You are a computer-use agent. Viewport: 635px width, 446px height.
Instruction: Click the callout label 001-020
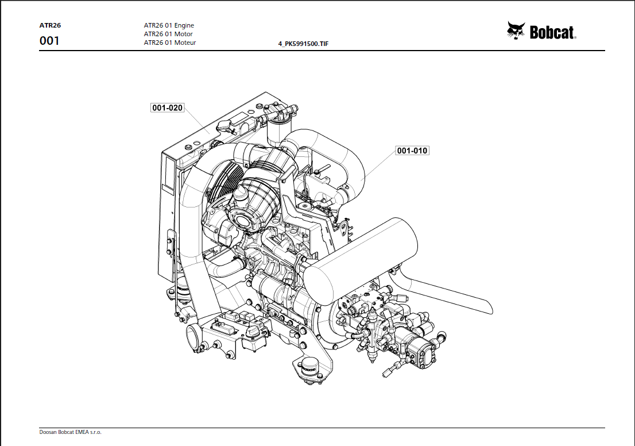(x=167, y=108)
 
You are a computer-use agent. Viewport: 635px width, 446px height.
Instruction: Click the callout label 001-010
(x=412, y=151)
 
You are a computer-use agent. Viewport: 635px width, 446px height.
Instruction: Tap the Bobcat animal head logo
(x=516, y=31)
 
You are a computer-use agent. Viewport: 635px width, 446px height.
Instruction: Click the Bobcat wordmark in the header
(x=552, y=33)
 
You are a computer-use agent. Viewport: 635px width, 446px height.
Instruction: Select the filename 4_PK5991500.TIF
(x=303, y=44)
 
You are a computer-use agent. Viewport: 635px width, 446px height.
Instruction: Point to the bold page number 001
(x=49, y=41)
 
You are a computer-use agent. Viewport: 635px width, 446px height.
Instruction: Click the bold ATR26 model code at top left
(x=50, y=25)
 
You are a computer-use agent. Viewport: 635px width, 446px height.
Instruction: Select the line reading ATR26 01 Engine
(x=169, y=25)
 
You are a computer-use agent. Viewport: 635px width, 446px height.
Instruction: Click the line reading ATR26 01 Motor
(x=168, y=34)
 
